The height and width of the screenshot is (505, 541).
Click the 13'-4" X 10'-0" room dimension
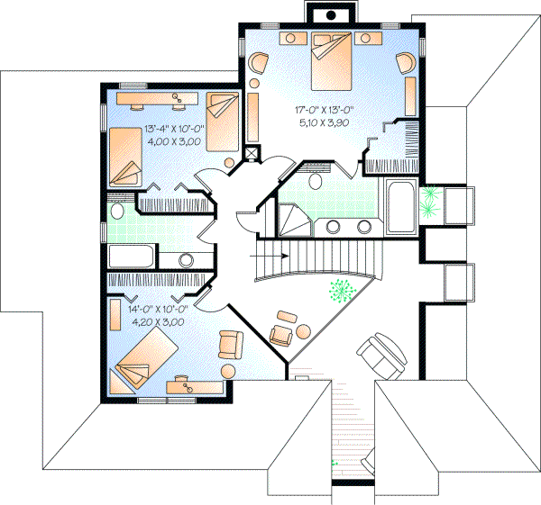coord(175,129)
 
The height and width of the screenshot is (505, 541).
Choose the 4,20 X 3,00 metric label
coord(158,320)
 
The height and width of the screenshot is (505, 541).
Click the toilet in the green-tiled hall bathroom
coord(117,211)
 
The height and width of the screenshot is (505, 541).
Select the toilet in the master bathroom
coord(315,181)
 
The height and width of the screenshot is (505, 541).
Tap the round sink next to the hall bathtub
coord(187,260)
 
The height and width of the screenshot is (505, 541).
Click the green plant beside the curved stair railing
coord(340,290)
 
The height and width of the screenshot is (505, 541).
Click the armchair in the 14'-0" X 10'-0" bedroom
coord(232,344)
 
